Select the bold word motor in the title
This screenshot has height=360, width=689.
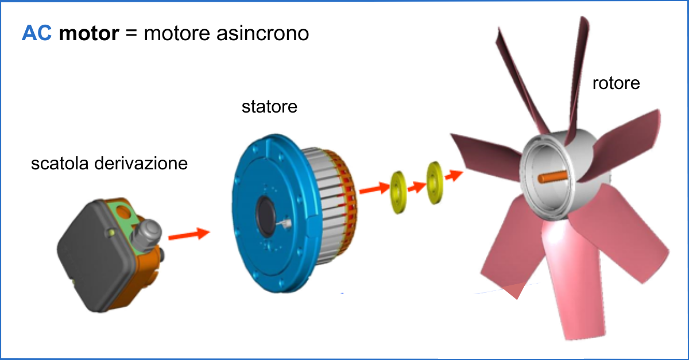point(89,33)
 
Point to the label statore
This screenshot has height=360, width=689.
point(270,106)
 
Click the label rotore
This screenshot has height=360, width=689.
point(616,83)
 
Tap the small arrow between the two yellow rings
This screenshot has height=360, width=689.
point(416,185)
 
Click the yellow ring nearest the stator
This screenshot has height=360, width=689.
point(397,192)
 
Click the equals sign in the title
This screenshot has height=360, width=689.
point(131,33)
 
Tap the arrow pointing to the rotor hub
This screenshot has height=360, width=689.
point(454,174)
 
